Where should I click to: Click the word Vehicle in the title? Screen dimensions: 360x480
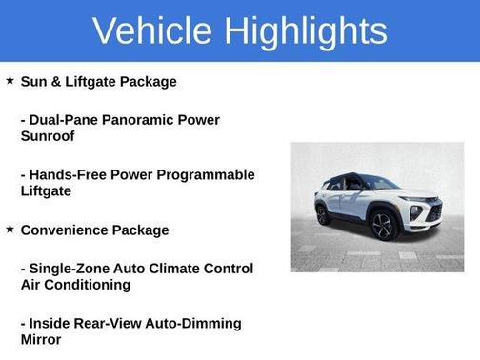tap(153, 30)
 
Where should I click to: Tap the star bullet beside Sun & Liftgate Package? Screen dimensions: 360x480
tap(10, 81)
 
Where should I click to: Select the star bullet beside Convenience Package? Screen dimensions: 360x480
tap(10, 230)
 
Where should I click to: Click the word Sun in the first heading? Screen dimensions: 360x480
tap(34, 82)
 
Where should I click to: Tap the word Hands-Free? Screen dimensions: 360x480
tap(69, 175)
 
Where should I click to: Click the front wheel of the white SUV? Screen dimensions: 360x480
tap(382, 227)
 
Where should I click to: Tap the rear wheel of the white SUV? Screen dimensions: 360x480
tap(324, 215)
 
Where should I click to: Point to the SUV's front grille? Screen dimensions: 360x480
tap(433, 212)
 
